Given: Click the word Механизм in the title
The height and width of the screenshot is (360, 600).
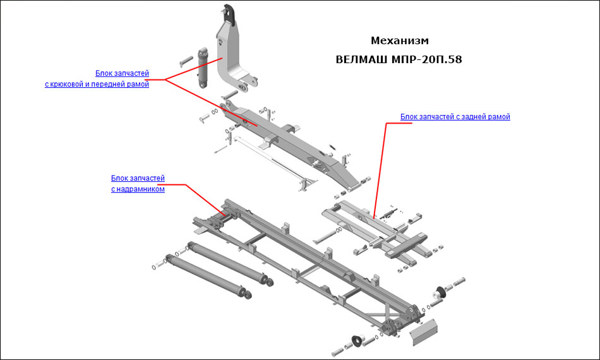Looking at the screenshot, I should (x=400, y=41).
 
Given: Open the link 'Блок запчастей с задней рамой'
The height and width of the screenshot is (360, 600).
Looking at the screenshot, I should (x=455, y=117).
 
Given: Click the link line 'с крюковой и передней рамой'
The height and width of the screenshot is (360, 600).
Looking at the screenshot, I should (x=97, y=85).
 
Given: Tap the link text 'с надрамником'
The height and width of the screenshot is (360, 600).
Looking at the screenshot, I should (x=138, y=189).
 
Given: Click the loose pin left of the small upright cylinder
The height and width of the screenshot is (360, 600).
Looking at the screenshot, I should (x=187, y=61).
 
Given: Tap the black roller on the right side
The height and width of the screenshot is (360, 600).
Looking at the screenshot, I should (x=436, y=294).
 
